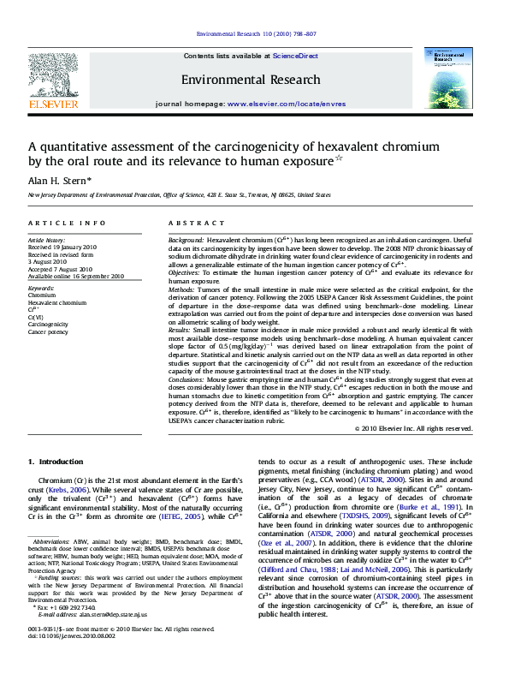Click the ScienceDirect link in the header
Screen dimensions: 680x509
pyautogui.click(x=295, y=56)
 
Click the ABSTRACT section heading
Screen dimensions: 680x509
pyautogui.click(x=190, y=223)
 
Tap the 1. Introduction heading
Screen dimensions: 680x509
pyautogui.click(x=56, y=462)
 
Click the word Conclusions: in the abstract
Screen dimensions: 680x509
pyautogui.click(x=188, y=378)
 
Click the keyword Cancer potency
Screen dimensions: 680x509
pyautogui.click(x=48, y=331)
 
